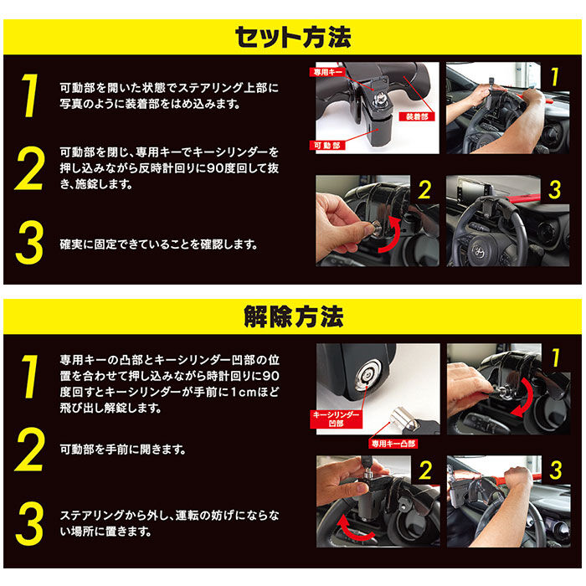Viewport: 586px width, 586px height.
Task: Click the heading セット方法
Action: pos(292,37)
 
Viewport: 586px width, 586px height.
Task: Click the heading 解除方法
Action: pos(292,317)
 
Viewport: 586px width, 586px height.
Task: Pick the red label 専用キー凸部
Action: pos(393,443)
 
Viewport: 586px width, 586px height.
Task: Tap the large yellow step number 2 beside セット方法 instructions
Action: pos(29,171)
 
